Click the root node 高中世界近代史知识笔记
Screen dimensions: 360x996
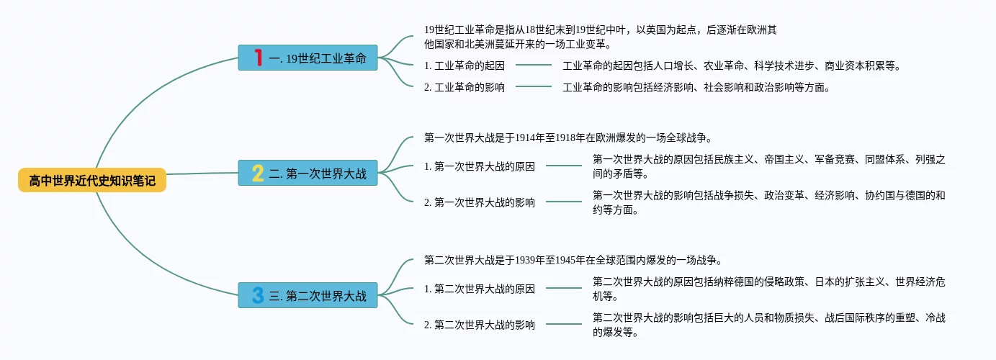92,180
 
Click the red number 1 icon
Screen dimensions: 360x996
258,58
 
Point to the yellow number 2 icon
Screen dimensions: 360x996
258,173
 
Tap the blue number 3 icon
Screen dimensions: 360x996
258,294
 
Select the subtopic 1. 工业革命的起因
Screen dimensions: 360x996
464,66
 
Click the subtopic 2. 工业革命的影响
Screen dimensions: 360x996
464,87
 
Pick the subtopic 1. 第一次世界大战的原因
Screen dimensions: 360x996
480,166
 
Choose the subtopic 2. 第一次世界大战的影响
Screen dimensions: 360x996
480,202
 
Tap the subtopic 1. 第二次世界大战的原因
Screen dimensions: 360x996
480,289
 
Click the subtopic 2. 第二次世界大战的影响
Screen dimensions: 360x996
480,325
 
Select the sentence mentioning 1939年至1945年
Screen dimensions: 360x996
573,260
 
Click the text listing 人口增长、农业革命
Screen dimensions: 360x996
732,66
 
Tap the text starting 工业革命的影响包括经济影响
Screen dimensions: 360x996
696,87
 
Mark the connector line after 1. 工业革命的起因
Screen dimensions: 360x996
534,66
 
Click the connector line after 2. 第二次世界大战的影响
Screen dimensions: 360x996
564,325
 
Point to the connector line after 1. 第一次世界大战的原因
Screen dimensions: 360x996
564,166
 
